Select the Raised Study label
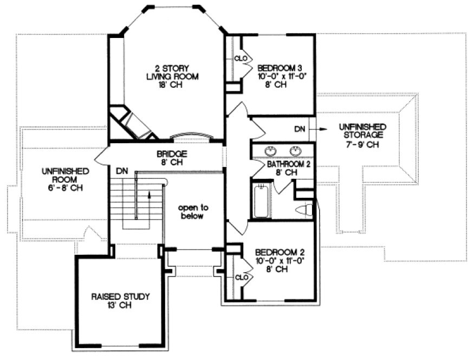pyautogui.click(x=120, y=297)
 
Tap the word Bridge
pyautogui.click(x=172, y=153)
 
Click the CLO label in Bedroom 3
pyautogui.click(x=241, y=58)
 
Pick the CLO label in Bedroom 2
pyautogui.click(x=242, y=277)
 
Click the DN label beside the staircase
pyautogui.click(x=122, y=171)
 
